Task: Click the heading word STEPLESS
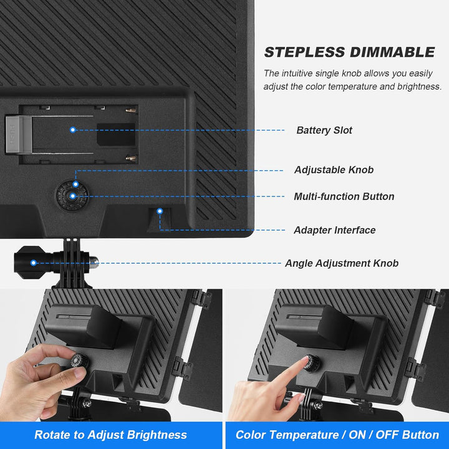tap(304, 52)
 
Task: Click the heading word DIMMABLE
tap(392, 52)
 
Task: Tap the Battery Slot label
tap(324, 130)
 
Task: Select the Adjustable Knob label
tap(334, 170)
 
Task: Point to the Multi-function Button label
tap(344, 196)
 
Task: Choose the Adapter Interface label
tap(335, 230)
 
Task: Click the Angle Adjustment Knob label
tap(342, 263)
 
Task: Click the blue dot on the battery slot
tap(73, 130)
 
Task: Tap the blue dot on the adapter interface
tap(160, 211)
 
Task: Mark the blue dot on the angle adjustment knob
tap(34, 263)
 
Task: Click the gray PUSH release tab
tap(18, 134)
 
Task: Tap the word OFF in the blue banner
tap(387, 435)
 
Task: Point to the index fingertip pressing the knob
tap(304, 360)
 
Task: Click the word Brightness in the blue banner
tap(157, 435)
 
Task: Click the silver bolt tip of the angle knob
tap(94, 263)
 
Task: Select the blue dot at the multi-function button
tap(73, 196)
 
